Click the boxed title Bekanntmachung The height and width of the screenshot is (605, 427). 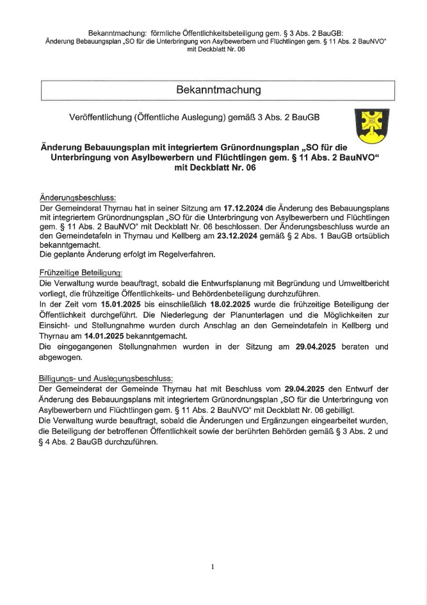pos(218,90)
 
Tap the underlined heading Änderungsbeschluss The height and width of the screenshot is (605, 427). pos(77,198)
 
